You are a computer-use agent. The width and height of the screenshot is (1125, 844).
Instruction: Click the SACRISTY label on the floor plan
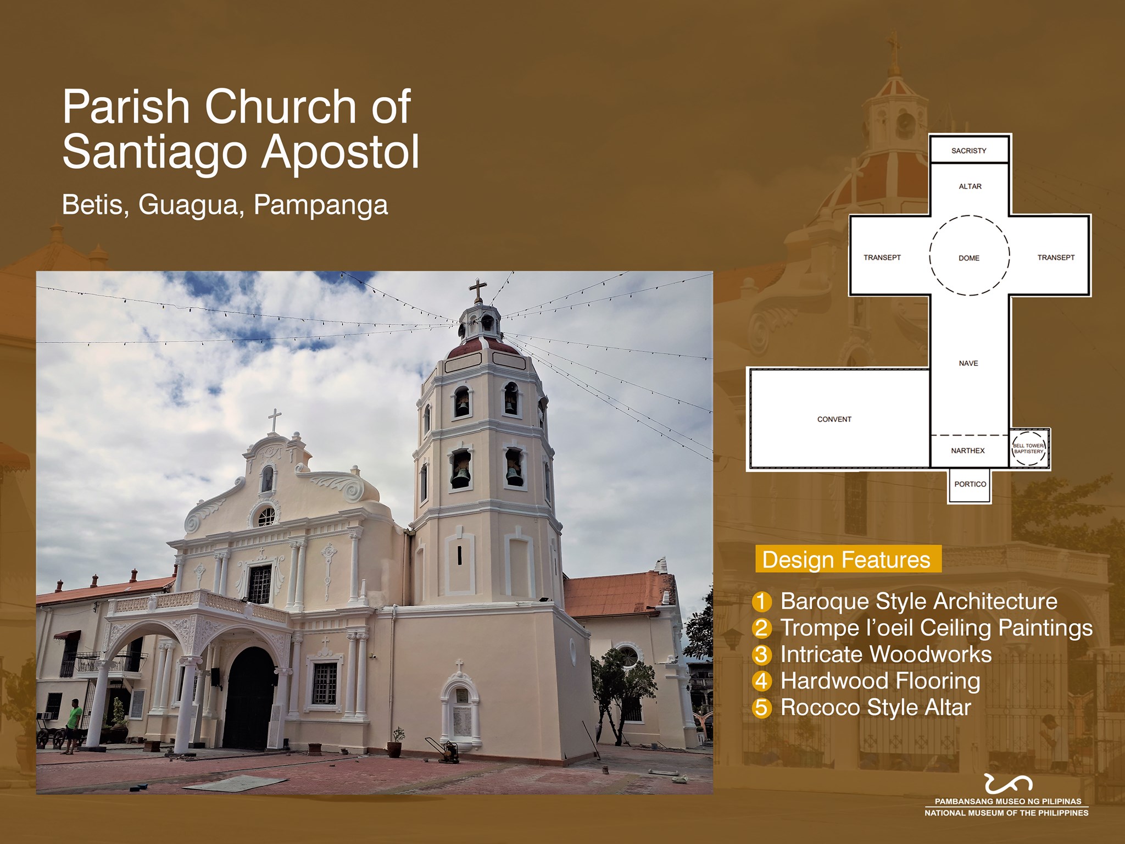coord(968,151)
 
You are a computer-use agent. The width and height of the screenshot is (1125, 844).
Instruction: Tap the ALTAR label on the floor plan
coord(970,186)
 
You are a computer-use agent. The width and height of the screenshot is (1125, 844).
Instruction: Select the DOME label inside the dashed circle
coord(969,258)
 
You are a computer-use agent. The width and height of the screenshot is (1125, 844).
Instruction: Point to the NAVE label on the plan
coord(968,363)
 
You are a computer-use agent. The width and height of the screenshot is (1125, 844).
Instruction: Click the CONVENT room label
coord(834,419)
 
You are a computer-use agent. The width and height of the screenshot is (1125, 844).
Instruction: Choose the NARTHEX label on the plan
coord(968,451)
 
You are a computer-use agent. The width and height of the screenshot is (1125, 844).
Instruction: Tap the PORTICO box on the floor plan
coord(970,484)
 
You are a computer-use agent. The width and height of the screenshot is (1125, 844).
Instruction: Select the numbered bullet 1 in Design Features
coord(762,601)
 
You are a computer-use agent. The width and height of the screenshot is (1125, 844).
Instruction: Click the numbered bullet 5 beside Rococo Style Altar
coord(762,708)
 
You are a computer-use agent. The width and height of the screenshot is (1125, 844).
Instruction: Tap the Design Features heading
coord(846,560)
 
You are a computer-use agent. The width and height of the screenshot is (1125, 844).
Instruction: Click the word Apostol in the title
coord(340,152)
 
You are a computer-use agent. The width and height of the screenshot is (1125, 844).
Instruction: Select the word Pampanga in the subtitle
coord(321,205)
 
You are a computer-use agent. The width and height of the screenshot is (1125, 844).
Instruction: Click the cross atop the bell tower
coord(477,290)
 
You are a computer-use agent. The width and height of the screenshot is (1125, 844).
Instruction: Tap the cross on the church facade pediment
coord(275,420)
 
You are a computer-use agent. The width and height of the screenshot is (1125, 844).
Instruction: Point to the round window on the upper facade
coord(266,517)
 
